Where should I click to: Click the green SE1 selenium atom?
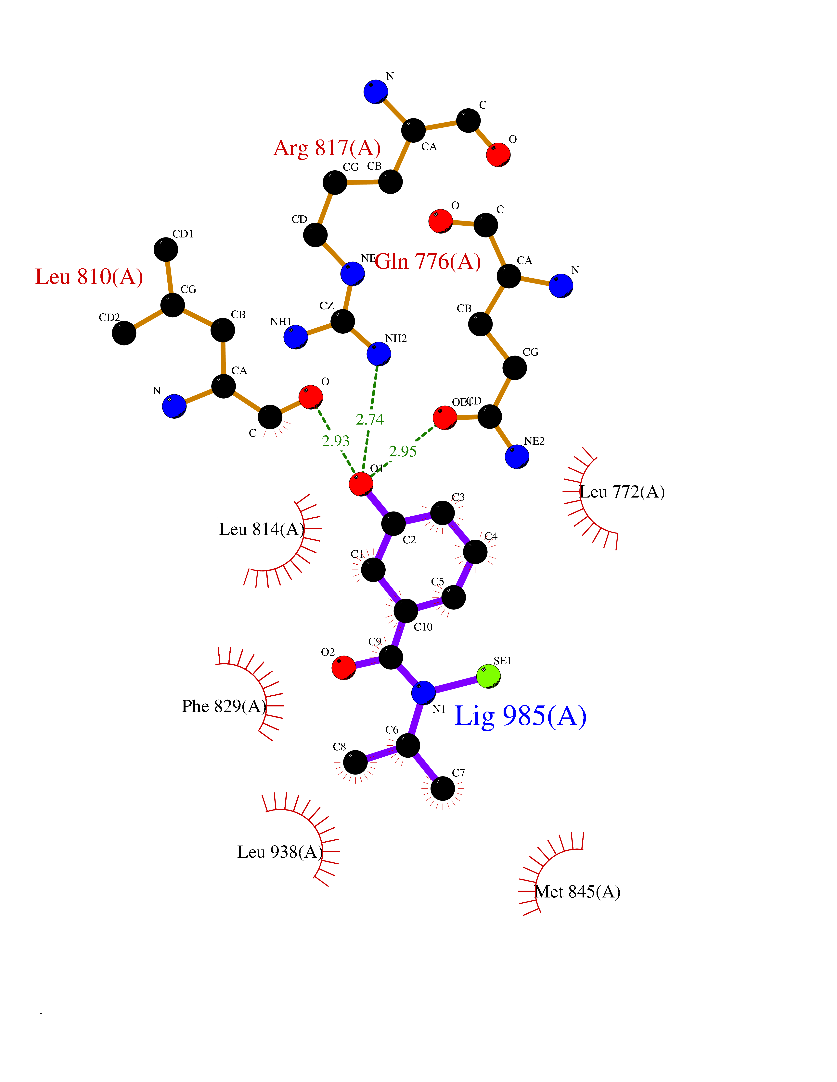coord(488,676)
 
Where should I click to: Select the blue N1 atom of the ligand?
coord(423,692)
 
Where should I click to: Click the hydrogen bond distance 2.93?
coord(336,441)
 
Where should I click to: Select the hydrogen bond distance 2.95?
coord(403,451)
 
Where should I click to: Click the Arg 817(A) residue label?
coord(327,148)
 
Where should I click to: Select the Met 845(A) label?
coord(578,892)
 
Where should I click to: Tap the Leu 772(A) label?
coord(622,492)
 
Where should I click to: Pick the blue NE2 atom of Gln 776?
coord(517,456)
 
